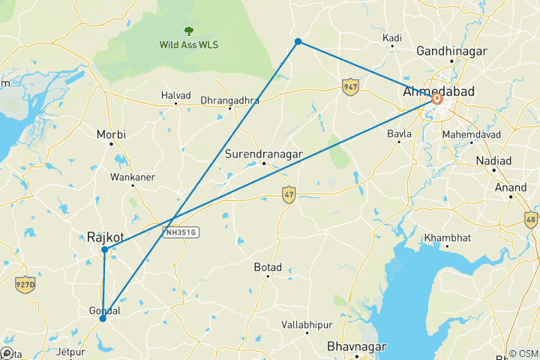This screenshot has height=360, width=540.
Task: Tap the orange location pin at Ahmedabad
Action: [436, 98]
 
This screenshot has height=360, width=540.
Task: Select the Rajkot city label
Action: [104, 236]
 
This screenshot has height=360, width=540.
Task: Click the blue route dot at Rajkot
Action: [105, 249]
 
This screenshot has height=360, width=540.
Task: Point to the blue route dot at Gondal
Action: [103, 318]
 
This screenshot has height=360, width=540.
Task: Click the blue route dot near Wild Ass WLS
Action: [298, 41]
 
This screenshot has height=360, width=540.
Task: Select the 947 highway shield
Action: [349, 86]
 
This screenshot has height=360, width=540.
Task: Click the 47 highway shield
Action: [289, 194]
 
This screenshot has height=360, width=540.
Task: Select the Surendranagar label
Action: [263, 154]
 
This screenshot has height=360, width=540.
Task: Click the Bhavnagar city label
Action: [356, 346]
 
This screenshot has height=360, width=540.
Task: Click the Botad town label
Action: [267, 266]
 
